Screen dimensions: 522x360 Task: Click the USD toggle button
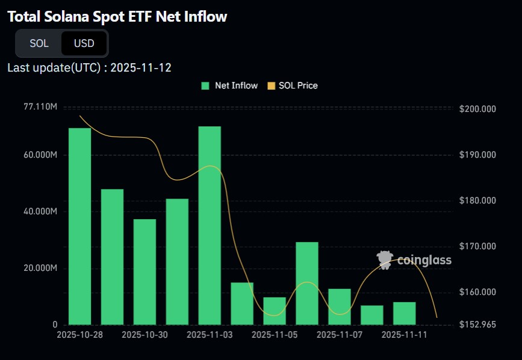[x=84, y=43]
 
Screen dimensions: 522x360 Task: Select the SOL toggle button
[x=39, y=43]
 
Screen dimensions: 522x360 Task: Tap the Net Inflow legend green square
[x=205, y=86]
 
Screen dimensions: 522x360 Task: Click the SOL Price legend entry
[x=293, y=86]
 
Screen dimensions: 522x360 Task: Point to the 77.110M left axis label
[x=40, y=107]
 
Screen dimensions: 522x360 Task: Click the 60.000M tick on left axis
[x=40, y=155]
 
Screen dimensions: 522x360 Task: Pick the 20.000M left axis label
[x=40, y=268]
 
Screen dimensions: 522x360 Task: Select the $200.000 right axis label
[x=477, y=109]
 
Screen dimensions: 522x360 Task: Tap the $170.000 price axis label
[x=477, y=246]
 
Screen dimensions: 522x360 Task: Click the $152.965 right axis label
[x=477, y=324]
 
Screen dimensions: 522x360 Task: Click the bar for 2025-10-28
[x=80, y=226]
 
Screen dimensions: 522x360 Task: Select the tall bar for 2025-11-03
[x=210, y=226]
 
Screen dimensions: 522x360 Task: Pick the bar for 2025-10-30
[x=145, y=272]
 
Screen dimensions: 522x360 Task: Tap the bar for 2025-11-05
[x=275, y=311]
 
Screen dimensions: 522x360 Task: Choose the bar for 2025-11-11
[x=405, y=314]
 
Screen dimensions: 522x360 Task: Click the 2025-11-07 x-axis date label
[x=339, y=335]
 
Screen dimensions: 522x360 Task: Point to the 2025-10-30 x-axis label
[x=145, y=335]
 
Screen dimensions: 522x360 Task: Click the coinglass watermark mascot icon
[x=385, y=260]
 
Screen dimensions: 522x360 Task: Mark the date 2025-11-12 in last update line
[x=141, y=68]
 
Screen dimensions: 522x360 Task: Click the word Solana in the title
[x=67, y=17]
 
